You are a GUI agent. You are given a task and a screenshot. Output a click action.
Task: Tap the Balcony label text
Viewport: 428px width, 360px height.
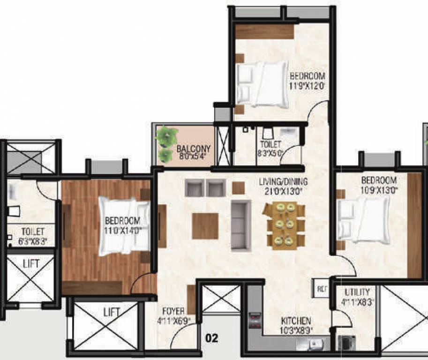coord(194,150)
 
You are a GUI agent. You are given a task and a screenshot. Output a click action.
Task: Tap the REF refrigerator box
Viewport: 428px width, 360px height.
coord(321,288)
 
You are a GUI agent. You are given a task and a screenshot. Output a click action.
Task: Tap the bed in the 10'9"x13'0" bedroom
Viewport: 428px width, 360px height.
coord(365,219)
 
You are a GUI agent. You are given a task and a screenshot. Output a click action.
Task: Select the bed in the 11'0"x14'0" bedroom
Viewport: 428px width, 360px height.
coord(124,226)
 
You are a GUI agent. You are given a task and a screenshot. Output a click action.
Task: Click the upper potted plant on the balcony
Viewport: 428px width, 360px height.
coord(167,136)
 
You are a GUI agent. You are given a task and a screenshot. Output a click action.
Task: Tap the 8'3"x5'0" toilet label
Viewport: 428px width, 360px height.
coord(271,149)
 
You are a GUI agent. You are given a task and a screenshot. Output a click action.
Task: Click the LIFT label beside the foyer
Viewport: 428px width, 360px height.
coord(112,312)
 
